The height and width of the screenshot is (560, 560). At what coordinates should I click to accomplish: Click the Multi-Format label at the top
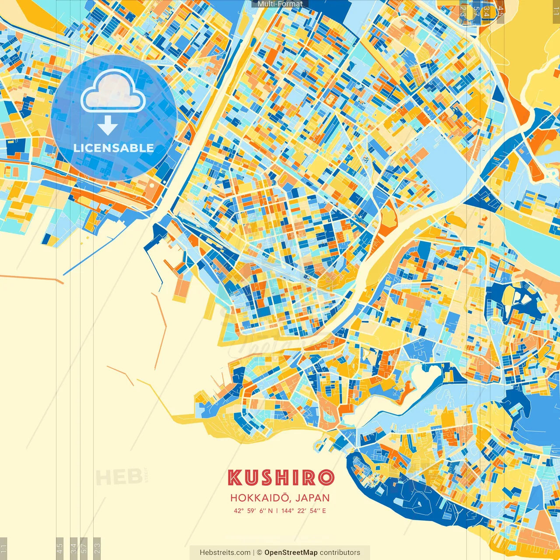[x=280, y=4]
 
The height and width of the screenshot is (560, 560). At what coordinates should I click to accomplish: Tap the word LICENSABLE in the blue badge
[x=114, y=148]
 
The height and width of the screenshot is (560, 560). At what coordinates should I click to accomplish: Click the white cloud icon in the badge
[x=113, y=91]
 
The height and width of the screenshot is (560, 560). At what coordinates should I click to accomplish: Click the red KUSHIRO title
[x=280, y=478]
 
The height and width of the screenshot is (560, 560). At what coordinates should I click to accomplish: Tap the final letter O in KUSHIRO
[x=326, y=478]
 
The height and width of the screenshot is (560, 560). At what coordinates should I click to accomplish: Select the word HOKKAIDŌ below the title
[x=259, y=498]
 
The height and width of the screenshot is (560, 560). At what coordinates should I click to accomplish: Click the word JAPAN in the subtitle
[x=312, y=498]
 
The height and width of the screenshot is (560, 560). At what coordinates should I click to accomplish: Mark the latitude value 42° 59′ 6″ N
[x=253, y=511]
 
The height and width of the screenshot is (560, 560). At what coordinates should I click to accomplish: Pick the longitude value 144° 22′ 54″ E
[x=304, y=511]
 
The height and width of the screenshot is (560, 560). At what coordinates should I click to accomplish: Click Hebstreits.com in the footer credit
[x=225, y=553]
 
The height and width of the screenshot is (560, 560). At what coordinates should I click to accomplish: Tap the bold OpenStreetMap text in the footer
[x=291, y=553]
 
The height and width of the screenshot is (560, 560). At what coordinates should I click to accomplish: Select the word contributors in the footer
[x=340, y=553]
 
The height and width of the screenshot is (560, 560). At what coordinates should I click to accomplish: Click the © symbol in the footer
[x=259, y=553]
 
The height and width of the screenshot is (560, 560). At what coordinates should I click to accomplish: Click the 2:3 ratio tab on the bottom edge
[x=97, y=548]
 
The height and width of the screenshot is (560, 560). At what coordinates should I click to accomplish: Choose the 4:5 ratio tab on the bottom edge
[x=59, y=548]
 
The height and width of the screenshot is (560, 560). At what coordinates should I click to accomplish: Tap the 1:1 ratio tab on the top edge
[x=556, y=10]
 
